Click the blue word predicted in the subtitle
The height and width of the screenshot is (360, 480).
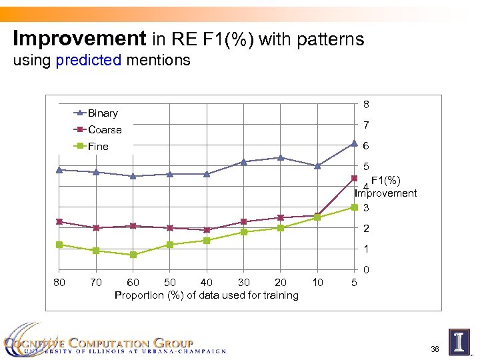[89, 61]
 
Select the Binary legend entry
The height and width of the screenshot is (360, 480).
[102, 113]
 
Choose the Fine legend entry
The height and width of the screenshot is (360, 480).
[98, 146]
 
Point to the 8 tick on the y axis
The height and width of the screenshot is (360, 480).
[367, 104]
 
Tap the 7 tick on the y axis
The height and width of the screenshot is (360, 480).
[367, 125]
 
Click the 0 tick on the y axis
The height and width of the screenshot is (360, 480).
[367, 270]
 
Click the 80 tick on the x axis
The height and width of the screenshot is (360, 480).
[59, 283]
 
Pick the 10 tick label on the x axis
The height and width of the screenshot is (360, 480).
[317, 283]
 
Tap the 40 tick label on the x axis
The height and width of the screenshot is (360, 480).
[207, 283]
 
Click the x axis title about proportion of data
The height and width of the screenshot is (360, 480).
[207, 295]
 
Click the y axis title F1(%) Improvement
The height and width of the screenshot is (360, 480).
[386, 187]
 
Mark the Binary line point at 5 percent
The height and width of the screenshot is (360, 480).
[354, 143]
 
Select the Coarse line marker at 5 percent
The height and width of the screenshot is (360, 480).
[354, 178]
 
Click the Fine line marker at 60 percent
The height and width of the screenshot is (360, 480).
[133, 255]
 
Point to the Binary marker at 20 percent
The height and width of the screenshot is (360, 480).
[281, 157]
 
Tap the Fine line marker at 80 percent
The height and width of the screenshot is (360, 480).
[59, 245]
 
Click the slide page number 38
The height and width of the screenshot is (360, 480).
[435, 349]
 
